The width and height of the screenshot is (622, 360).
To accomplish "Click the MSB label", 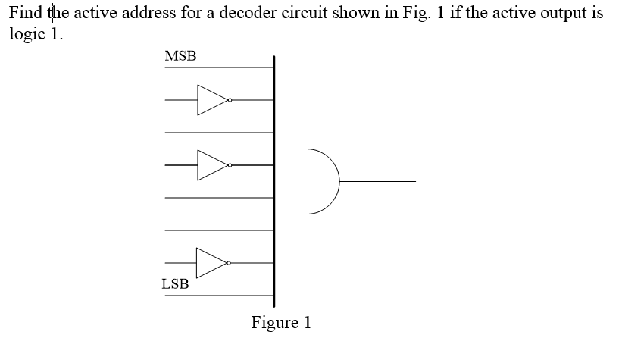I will pyautogui.click(x=180, y=56).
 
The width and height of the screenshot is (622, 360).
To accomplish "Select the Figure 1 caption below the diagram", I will pyautogui.click(x=281, y=322).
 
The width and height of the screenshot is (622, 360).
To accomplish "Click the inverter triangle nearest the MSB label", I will pyautogui.click(x=212, y=99).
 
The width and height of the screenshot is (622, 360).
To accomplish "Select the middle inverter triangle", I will pyautogui.click(x=212, y=164).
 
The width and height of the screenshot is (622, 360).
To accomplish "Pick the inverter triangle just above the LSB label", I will pyautogui.click(x=212, y=263).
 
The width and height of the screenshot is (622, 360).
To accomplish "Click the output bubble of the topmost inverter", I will pyautogui.click(x=230, y=100).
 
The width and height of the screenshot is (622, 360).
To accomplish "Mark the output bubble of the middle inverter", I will pyautogui.click(x=230, y=164).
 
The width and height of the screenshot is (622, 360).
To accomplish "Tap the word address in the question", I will pyautogui.click(x=160, y=14).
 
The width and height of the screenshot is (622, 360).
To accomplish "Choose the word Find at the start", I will pyautogui.click(x=26, y=14).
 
